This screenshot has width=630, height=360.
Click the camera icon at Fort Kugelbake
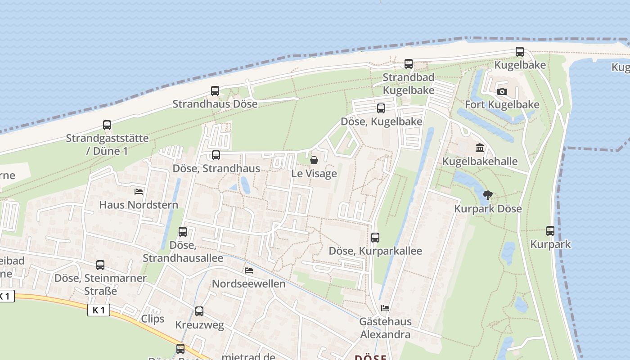(x=502, y=91)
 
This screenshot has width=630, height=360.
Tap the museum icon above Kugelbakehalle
(x=480, y=148)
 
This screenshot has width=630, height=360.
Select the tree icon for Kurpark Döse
(x=487, y=195)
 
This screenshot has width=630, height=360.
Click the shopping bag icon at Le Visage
(x=314, y=160)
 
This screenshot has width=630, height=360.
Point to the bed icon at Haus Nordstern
(x=139, y=192)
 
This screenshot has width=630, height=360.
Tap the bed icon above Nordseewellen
(x=248, y=270)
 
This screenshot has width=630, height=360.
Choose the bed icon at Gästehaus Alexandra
(x=385, y=308)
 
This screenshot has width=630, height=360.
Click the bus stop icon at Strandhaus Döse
(x=215, y=91)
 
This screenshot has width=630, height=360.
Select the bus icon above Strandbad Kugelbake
(x=409, y=64)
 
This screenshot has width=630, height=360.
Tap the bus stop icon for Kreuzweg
(x=199, y=311)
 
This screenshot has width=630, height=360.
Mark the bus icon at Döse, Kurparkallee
(x=375, y=238)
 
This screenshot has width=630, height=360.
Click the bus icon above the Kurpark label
(x=550, y=231)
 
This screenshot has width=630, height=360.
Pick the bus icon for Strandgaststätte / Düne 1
(x=107, y=125)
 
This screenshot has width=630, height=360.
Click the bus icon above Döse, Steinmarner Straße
(x=100, y=265)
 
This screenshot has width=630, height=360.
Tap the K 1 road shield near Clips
(x=99, y=310)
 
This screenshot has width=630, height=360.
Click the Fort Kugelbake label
(x=502, y=105)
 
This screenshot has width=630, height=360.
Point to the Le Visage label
(x=314, y=173)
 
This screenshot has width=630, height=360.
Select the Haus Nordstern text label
(x=139, y=205)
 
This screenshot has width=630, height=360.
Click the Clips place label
(x=153, y=319)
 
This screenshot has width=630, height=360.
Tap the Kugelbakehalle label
(x=480, y=161)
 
